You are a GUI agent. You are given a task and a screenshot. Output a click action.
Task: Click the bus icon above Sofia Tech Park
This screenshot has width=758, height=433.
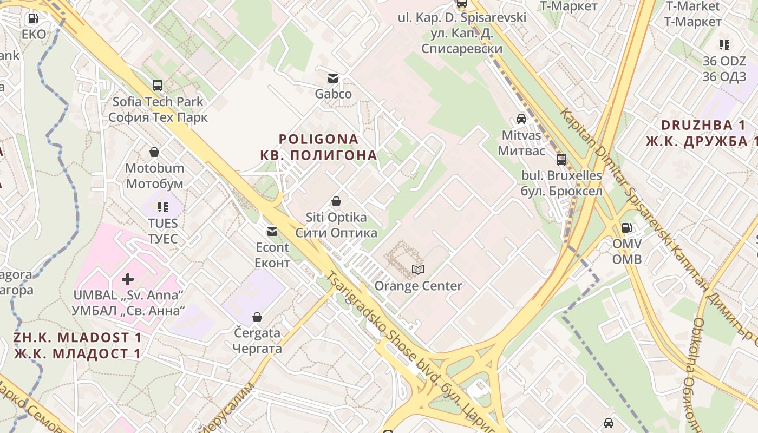pos(158,85)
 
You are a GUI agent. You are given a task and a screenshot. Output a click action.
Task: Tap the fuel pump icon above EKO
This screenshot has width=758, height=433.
pos(33,18)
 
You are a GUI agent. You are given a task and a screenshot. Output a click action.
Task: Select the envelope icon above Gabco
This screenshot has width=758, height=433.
pos(333,78)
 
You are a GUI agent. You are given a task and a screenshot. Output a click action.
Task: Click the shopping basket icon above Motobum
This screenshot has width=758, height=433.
pos(154,152)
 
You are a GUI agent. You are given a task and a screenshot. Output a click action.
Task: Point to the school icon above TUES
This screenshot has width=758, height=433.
pos(162,207)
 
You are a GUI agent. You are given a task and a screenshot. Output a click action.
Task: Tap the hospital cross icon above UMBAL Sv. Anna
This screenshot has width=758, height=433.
pos(128,279)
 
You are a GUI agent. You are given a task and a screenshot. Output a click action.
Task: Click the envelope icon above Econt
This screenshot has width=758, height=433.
pos(272,232)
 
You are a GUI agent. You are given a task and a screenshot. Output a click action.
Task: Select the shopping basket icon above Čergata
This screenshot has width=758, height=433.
pos(257,317)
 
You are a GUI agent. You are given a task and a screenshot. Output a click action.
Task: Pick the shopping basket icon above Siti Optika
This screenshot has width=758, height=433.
pos(336,202)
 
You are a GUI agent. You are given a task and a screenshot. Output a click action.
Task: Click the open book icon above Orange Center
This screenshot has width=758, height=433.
pos(418,270)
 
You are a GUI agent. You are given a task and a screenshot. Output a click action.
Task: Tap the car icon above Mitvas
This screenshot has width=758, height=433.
pos(521,119)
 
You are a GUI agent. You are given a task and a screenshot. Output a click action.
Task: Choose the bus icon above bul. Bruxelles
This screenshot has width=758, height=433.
pos(561,160)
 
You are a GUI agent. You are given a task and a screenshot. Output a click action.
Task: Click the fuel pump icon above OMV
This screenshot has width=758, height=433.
pos(626,228)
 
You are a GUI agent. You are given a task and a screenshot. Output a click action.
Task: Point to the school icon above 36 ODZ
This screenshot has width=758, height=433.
pos(724,45)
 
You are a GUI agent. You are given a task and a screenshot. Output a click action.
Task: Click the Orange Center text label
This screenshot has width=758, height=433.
pos(419,286)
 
